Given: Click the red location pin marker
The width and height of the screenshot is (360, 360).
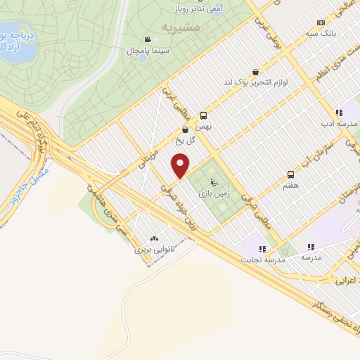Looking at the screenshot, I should coord(181,165).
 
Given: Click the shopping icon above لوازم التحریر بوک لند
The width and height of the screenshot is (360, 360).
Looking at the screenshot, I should coord(255,72).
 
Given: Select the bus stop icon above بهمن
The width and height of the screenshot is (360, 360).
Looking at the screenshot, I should coord(203,115).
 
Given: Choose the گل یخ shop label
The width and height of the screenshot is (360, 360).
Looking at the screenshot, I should coord(184,141).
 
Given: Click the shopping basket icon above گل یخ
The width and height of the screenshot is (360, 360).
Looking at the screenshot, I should coord(185,129).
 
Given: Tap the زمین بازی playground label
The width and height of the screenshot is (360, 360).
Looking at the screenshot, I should coord(211,191).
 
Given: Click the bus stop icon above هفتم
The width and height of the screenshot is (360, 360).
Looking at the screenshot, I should coord(290,174).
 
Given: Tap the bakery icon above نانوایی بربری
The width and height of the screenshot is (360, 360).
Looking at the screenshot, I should coord(154,238).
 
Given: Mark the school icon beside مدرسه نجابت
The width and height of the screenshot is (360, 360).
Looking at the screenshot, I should coord(262,248).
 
